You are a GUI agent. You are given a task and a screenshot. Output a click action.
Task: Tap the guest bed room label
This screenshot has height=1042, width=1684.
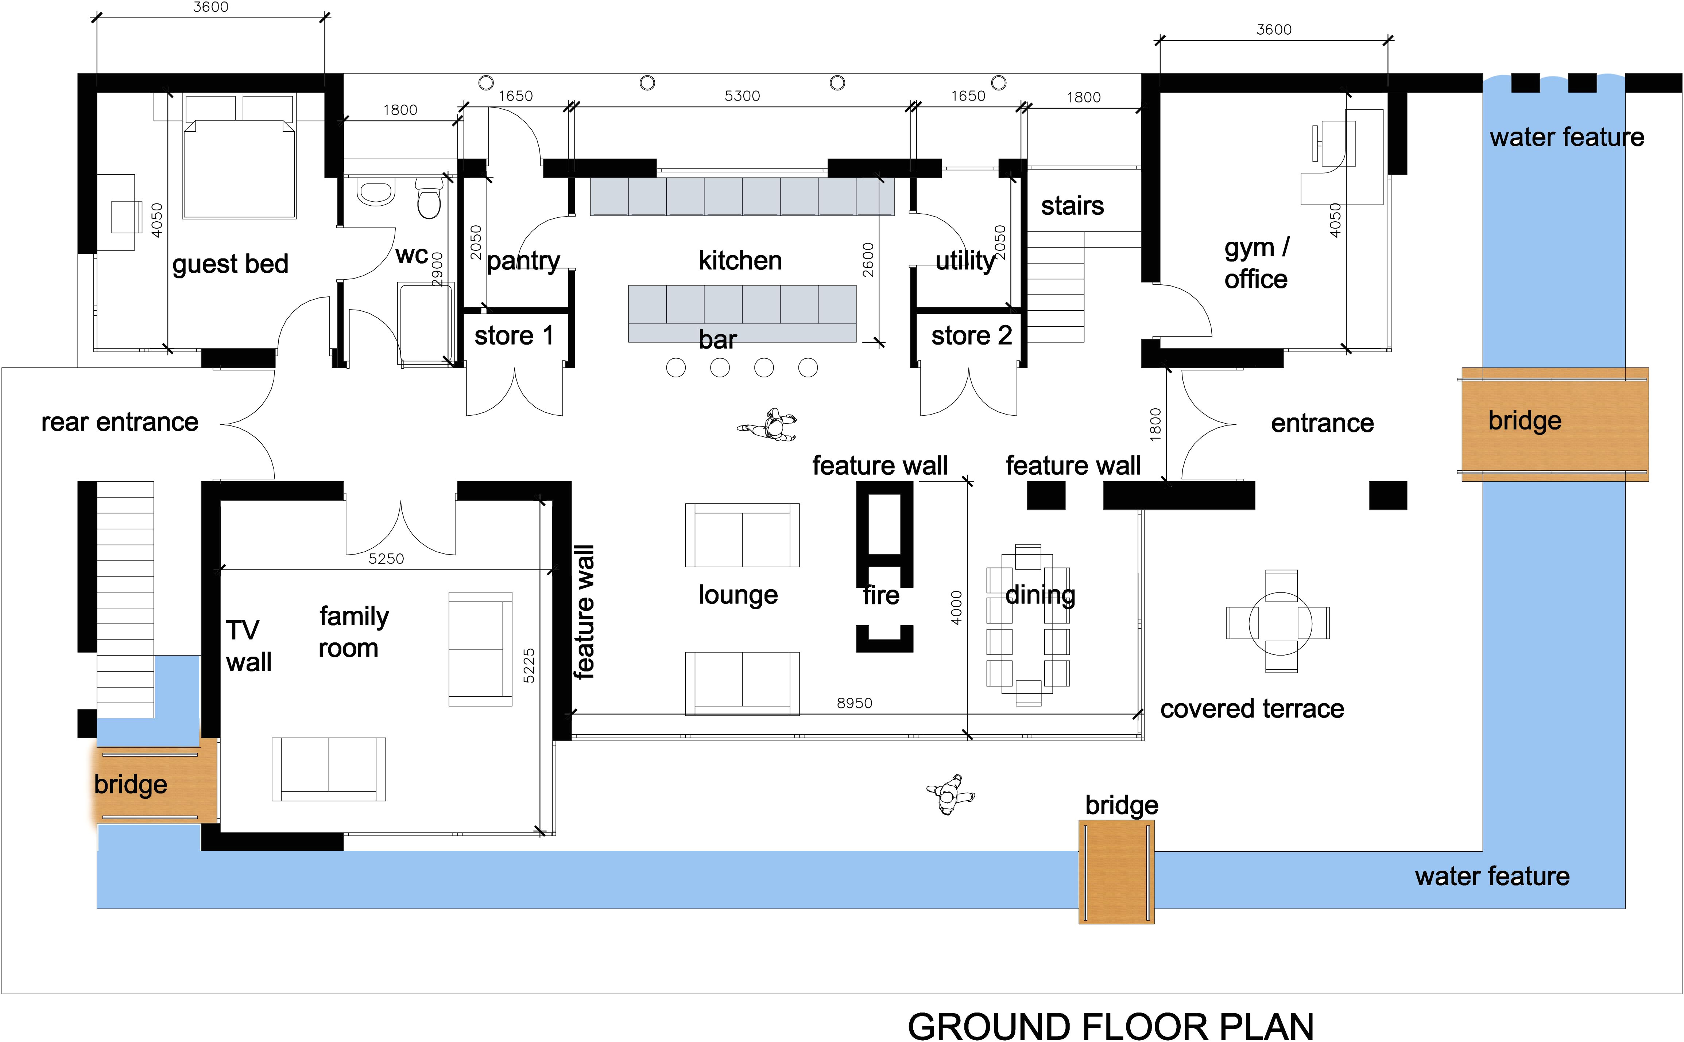(230, 264)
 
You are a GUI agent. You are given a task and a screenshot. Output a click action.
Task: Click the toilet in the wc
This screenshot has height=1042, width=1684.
(429, 197)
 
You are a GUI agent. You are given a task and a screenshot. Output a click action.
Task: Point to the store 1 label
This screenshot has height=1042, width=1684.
(514, 336)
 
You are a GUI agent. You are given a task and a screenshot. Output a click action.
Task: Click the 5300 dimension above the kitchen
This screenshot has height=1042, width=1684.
(742, 96)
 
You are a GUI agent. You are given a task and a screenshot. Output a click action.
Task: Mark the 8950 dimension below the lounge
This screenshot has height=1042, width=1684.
(854, 703)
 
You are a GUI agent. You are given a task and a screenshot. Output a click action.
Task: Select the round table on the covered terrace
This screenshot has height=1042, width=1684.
(1280, 622)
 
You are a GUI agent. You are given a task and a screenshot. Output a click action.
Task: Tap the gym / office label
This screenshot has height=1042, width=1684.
(1256, 263)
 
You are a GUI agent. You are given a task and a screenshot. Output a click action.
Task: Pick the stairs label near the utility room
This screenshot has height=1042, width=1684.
(1072, 205)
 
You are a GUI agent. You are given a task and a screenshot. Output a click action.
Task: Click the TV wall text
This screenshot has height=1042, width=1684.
(248, 646)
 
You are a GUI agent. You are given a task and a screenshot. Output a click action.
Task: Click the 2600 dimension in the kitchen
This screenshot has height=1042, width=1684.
(868, 260)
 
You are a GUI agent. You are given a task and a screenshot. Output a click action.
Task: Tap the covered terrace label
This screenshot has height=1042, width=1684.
(1252, 708)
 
